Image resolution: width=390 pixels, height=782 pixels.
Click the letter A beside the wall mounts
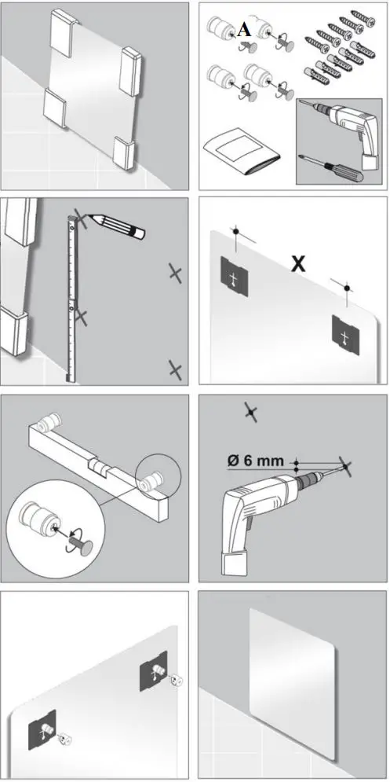[245, 30]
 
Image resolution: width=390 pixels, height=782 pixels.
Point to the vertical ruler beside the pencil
[72, 299]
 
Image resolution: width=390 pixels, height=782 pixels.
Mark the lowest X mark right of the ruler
[174, 369]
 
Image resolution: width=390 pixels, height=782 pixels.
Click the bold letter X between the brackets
[298, 264]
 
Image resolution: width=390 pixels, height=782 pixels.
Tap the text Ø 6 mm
[259, 461]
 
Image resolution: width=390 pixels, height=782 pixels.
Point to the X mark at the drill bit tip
[344, 468]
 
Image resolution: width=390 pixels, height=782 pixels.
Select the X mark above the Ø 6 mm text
[250, 411]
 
